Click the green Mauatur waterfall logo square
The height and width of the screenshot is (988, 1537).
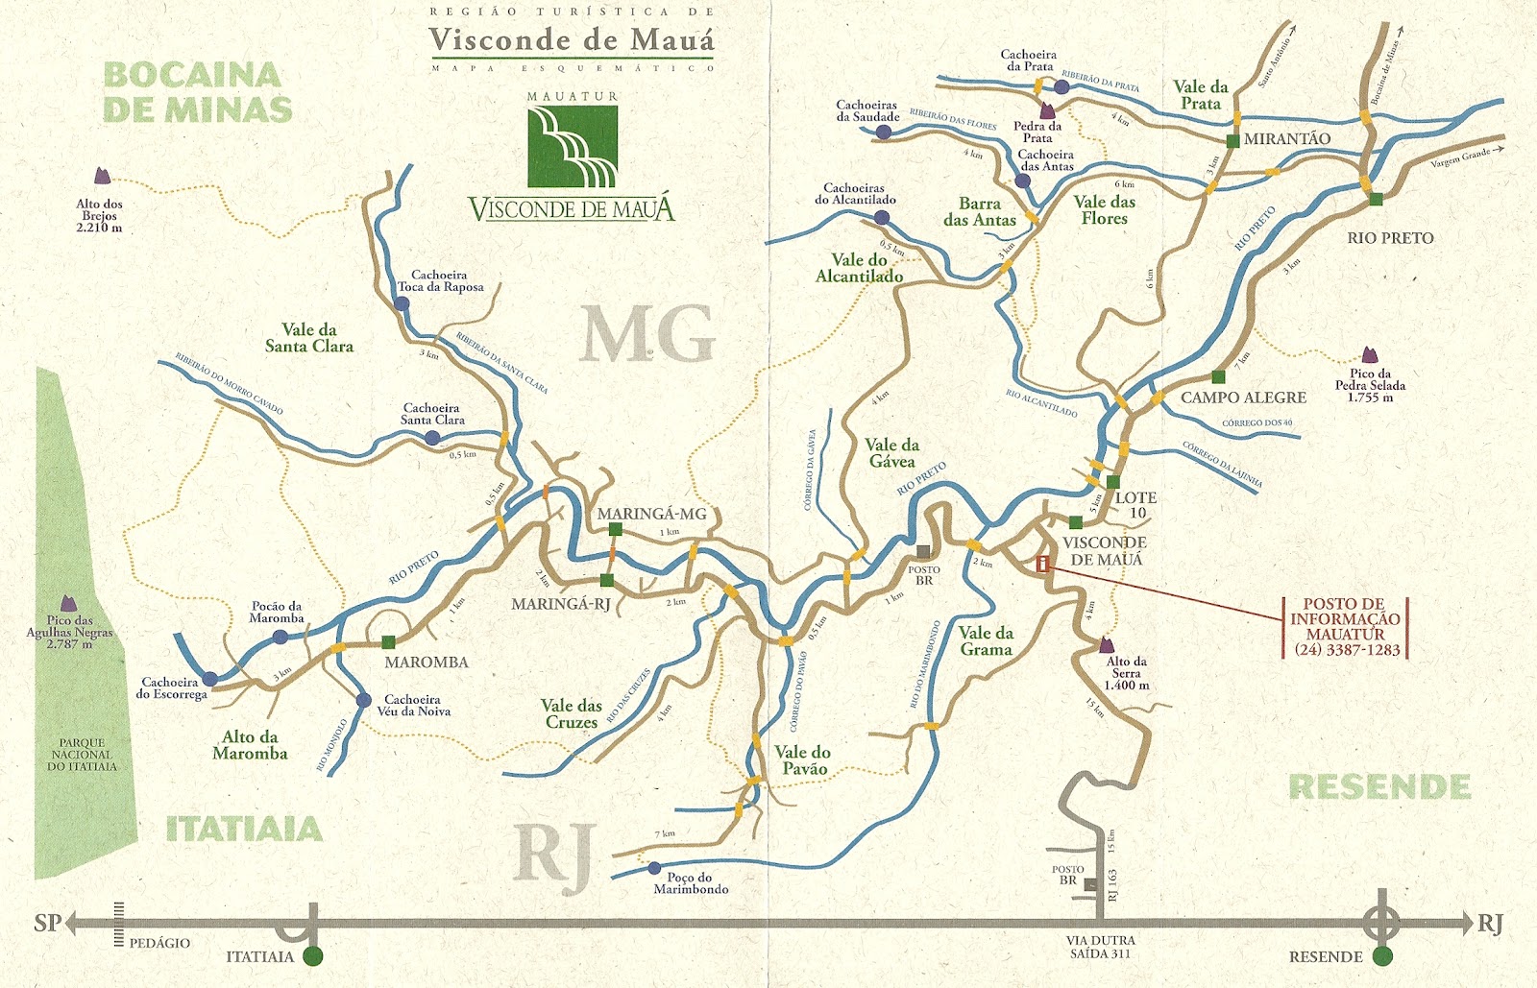coord(572,146)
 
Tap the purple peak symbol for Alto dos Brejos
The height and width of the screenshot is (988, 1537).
coord(102,177)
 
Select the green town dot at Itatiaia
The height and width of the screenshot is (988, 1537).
coord(312,956)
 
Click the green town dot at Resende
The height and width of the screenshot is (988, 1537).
coord(1382,956)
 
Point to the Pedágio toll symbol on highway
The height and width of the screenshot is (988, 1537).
coord(119,924)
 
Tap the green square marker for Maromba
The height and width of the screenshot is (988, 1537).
coord(388,642)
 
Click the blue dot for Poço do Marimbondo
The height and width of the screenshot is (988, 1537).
coord(654,868)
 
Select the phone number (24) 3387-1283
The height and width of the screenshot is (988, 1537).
coord(1345,650)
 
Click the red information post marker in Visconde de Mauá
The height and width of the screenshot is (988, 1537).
coord(1042,565)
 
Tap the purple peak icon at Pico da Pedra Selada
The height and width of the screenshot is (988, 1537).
coord(1369,356)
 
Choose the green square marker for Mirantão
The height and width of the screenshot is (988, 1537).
coord(1232,141)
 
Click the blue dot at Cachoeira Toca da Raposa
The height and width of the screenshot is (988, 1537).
coord(402,303)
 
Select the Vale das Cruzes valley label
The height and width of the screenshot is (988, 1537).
coord(572,713)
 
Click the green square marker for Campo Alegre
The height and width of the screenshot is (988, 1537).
coord(1218,377)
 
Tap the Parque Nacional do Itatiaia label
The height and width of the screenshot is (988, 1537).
coord(82,755)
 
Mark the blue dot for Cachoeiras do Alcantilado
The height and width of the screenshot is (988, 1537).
coord(882,218)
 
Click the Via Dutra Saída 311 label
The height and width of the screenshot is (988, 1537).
coord(1101,947)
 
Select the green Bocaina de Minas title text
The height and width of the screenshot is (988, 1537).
coord(197,92)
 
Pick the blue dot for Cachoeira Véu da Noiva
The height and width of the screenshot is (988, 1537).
coord(363,701)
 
